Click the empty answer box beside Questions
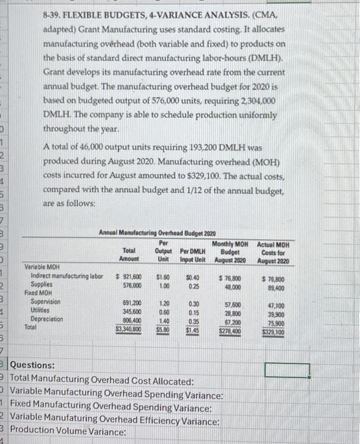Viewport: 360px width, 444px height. (287, 369)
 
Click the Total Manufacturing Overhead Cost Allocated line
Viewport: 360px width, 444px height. (102, 381)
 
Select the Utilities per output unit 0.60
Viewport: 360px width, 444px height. (164, 311)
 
